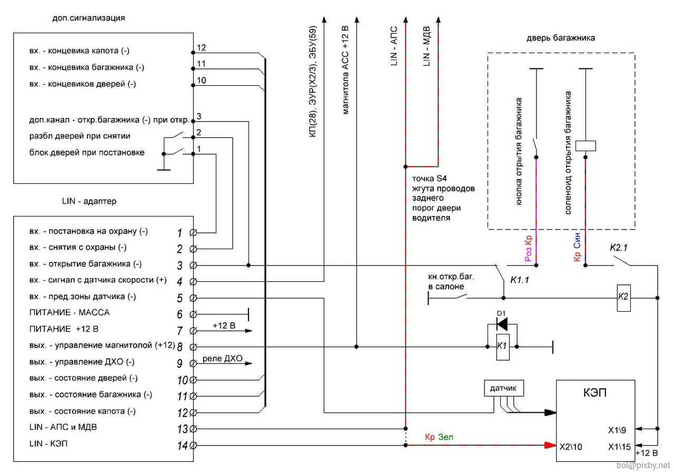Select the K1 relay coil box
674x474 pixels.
(502, 347)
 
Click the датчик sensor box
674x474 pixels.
(504, 389)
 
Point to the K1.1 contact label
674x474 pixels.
(519, 280)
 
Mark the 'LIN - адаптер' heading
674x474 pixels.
(88, 201)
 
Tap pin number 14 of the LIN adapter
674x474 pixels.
(182, 446)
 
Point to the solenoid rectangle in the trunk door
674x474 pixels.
(586, 146)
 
